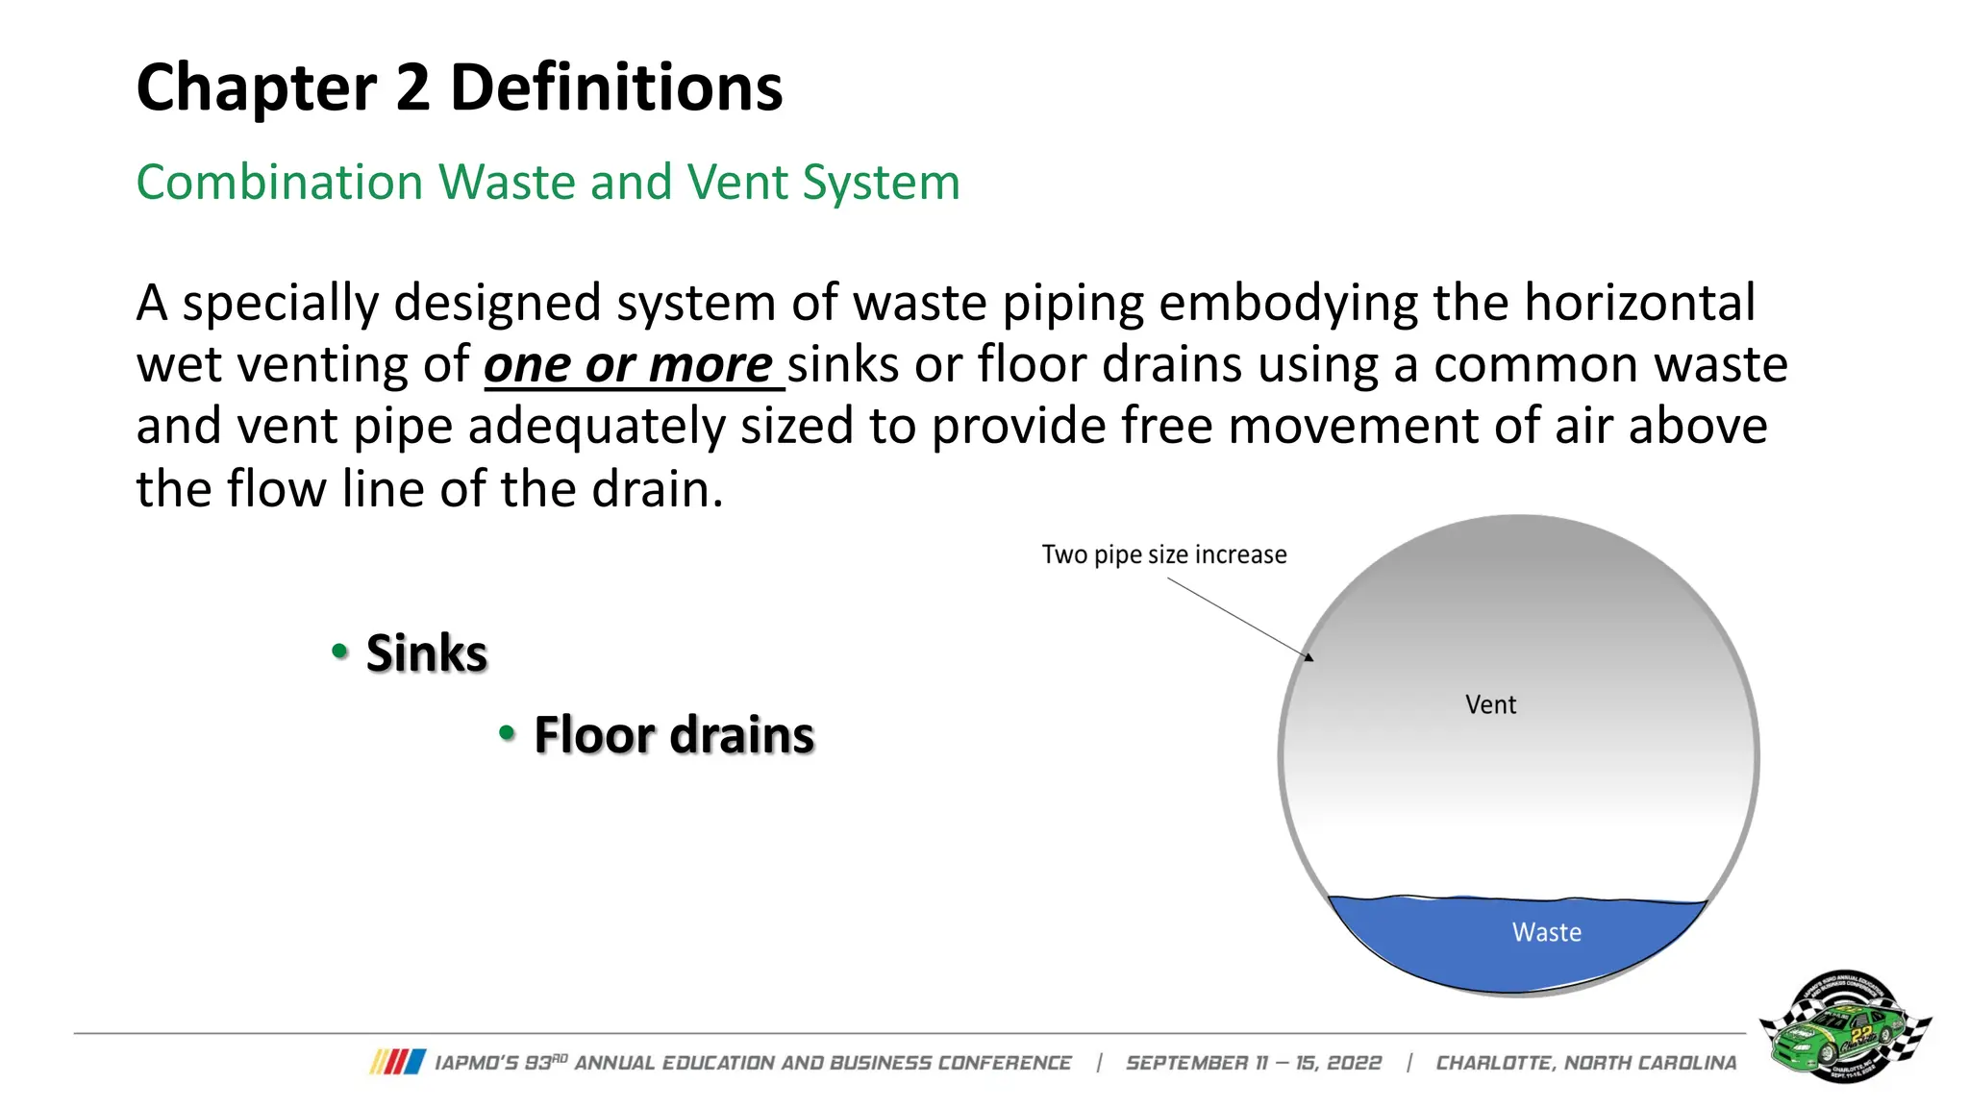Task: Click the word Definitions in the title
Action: tap(616, 87)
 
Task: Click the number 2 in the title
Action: tap(412, 87)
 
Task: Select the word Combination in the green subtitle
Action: tap(279, 183)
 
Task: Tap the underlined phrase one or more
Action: tap(629, 365)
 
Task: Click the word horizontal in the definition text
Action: tap(1640, 304)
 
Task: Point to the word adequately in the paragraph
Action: tap(596, 427)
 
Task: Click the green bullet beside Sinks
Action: tap(339, 652)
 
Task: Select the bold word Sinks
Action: tap(427, 653)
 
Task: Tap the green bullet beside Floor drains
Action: tap(508, 734)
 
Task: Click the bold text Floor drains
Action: tap(674, 736)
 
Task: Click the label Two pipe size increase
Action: tap(1163, 554)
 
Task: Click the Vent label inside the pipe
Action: tap(1490, 704)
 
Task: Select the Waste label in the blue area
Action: tap(1546, 932)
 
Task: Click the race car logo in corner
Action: tap(1844, 1026)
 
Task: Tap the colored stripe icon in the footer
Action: tap(398, 1062)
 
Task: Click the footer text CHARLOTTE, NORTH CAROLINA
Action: tap(1585, 1063)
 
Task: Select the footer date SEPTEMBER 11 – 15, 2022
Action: tap(1253, 1063)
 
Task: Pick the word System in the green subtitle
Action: tap(881, 183)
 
